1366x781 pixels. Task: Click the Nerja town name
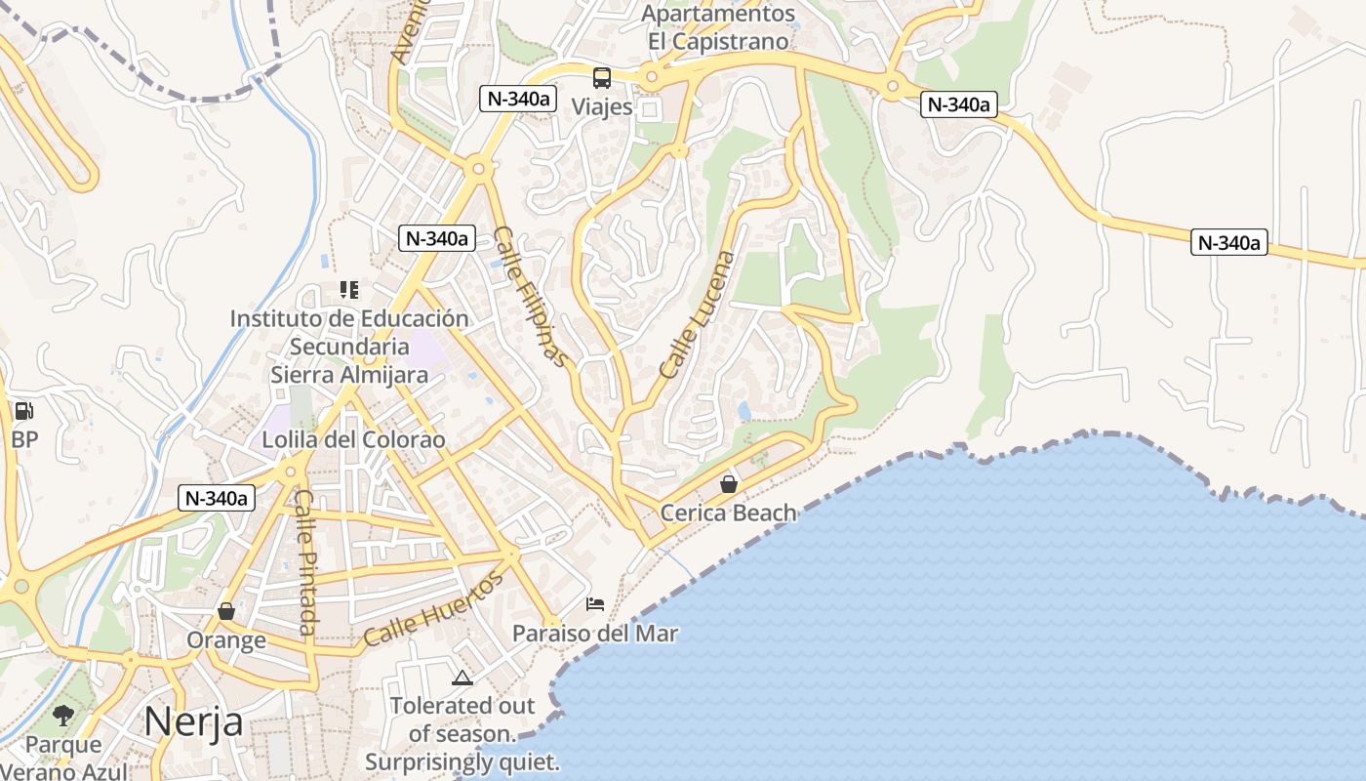pyautogui.click(x=193, y=721)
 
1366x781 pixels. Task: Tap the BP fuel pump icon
pyautogui.click(x=24, y=411)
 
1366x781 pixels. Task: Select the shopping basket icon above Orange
pyautogui.click(x=226, y=611)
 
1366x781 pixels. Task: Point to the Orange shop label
pyautogui.click(x=226, y=640)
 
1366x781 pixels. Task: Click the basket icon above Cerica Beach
pyautogui.click(x=728, y=483)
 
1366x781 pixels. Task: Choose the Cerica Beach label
pyautogui.click(x=728, y=513)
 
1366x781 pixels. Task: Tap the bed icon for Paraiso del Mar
pyautogui.click(x=595, y=604)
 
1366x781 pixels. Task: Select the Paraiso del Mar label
pyautogui.click(x=595, y=634)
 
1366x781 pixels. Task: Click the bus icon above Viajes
pyautogui.click(x=602, y=77)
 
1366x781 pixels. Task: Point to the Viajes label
pyautogui.click(x=602, y=106)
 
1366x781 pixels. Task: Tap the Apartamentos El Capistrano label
pyautogui.click(x=717, y=27)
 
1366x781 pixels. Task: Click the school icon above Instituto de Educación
pyautogui.click(x=348, y=289)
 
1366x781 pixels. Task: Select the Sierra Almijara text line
pyautogui.click(x=349, y=374)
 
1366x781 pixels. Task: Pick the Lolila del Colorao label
pyautogui.click(x=353, y=439)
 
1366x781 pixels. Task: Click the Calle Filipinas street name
pyautogui.click(x=530, y=297)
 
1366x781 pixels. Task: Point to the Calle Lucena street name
pyautogui.click(x=697, y=314)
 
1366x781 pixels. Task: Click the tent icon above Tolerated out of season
pyautogui.click(x=462, y=677)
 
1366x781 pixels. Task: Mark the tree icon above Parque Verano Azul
pyautogui.click(x=63, y=716)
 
